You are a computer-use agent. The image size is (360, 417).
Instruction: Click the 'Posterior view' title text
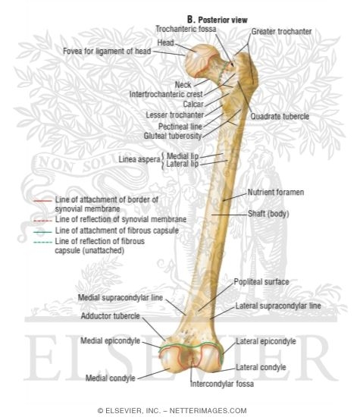tap(223, 20)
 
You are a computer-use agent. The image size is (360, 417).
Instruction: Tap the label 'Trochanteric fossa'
tap(186, 29)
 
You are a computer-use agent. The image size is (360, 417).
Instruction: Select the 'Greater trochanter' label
tap(281, 32)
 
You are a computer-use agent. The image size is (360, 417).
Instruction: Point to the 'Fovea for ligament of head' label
tap(107, 51)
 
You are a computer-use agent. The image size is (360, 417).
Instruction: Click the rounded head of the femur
tap(198, 62)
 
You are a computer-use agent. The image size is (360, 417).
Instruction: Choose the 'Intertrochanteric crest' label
tap(166, 94)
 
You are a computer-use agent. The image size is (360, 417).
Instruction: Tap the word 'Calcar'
tap(193, 104)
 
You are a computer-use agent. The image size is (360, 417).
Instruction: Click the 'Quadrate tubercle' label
tap(280, 116)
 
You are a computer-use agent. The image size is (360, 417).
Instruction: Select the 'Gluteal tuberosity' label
tap(173, 136)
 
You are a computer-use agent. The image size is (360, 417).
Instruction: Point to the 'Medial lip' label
tap(183, 156)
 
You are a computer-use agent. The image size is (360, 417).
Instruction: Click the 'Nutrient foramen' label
tap(276, 192)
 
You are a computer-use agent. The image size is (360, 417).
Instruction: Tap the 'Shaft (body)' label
tap(268, 214)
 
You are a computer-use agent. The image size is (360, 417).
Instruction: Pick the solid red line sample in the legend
tap(42, 201)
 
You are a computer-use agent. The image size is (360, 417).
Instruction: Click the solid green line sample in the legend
tap(42, 232)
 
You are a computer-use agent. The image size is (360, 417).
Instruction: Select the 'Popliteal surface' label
tap(261, 282)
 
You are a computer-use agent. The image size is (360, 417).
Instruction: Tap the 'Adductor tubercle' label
tap(111, 316)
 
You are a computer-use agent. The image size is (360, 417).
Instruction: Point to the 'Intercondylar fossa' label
tap(222, 384)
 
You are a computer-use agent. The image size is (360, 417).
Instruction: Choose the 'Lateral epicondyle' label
tap(266, 341)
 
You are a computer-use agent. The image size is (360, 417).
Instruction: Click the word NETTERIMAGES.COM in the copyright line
tap(208, 411)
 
